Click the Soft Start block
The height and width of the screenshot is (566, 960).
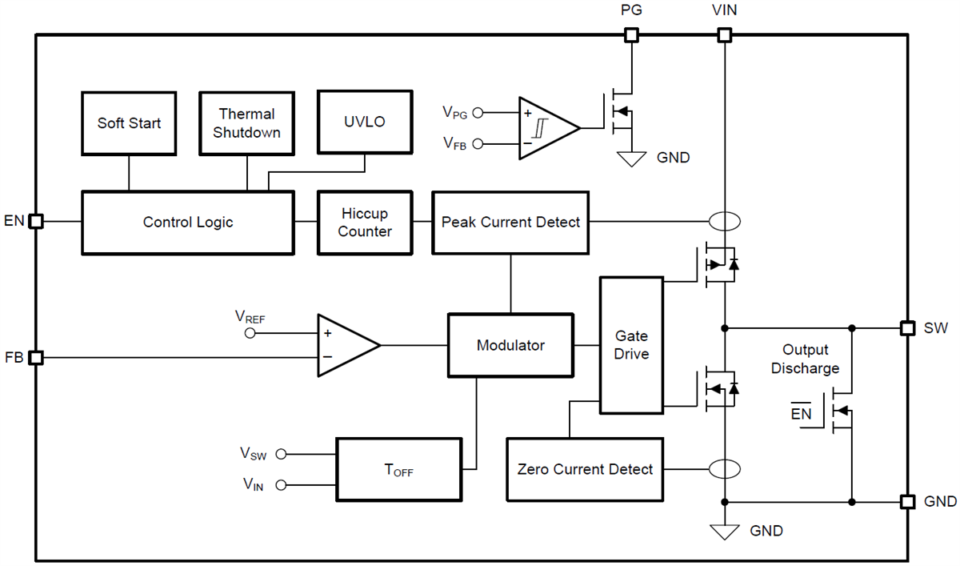point(129,122)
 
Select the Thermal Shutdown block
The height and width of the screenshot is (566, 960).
point(246,122)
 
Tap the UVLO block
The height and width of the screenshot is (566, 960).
point(365,122)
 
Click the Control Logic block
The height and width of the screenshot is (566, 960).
point(187,223)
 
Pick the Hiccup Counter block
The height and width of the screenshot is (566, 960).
point(364,223)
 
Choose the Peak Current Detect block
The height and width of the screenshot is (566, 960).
point(510,223)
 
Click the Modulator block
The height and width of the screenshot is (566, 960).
point(510,345)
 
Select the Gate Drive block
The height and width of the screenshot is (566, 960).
point(631,345)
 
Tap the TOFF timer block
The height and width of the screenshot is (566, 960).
point(398,470)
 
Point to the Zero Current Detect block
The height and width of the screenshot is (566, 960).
point(585,470)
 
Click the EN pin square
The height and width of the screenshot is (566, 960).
point(35,222)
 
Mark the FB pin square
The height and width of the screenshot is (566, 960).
point(35,358)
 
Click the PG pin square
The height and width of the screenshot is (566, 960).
point(631,34)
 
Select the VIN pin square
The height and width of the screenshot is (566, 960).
point(724,34)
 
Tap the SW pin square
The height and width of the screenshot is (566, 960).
point(907,327)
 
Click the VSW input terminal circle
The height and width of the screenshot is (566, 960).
point(281,454)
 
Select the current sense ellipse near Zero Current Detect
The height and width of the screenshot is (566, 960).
point(724,469)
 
